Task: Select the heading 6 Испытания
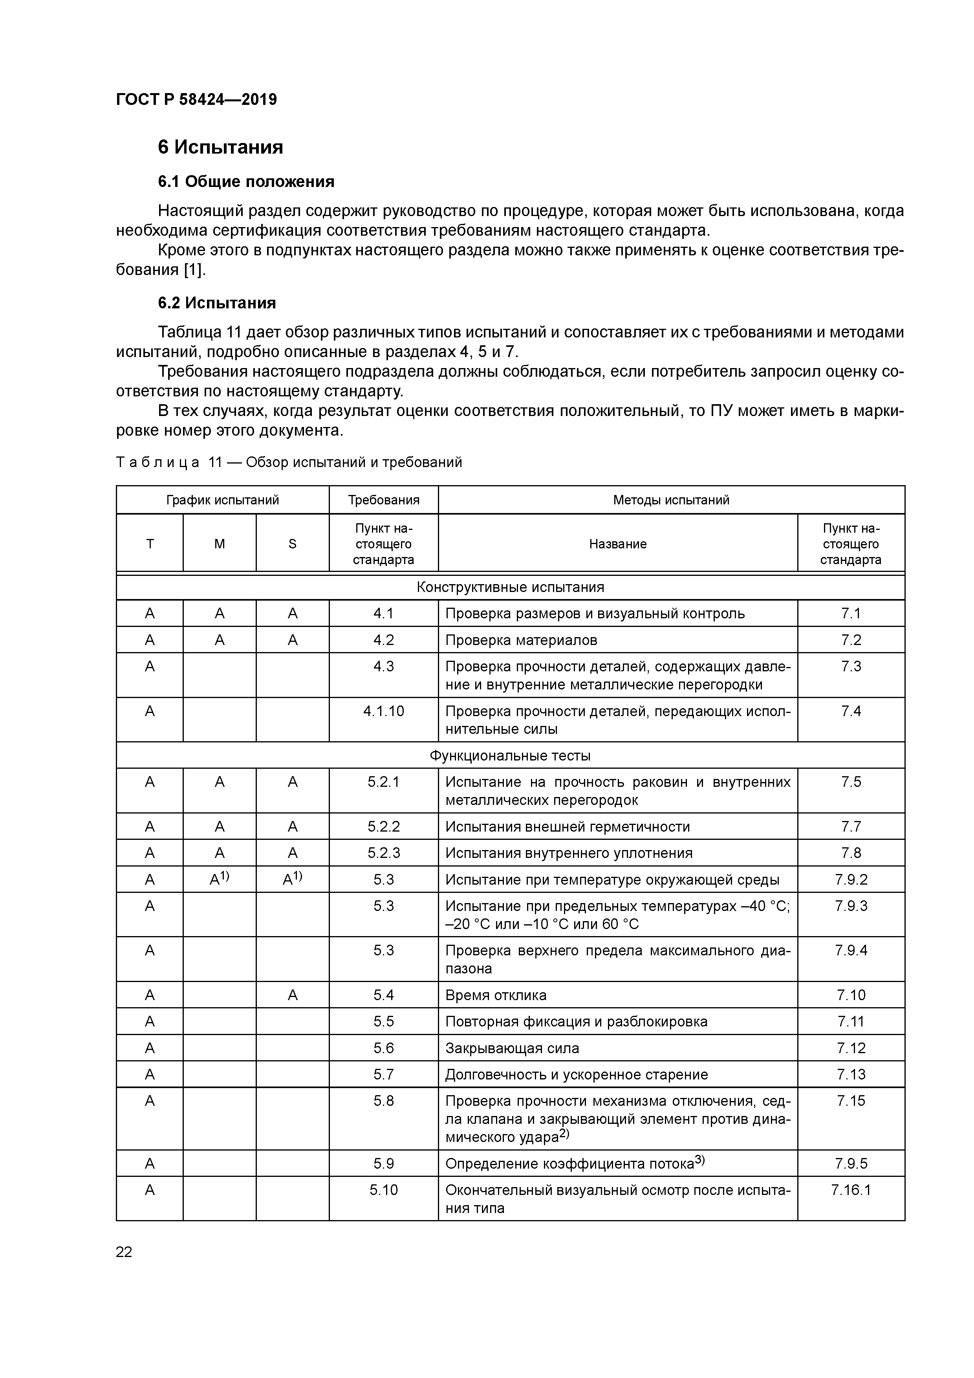tap(220, 147)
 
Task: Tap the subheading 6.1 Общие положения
tap(246, 181)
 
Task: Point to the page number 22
tap(124, 1252)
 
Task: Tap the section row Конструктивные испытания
tap(510, 587)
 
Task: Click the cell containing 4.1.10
tap(383, 711)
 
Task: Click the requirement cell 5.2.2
tap(383, 826)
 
